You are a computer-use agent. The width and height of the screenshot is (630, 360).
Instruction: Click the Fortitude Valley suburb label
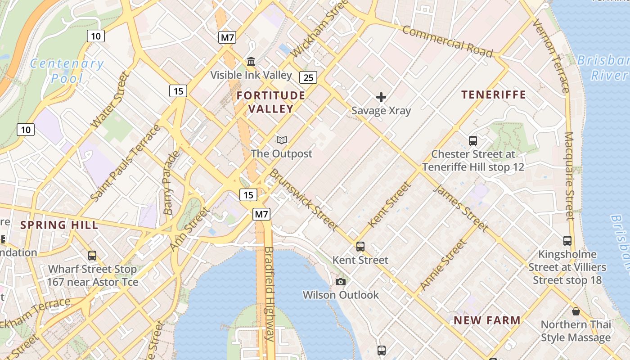(x=271, y=102)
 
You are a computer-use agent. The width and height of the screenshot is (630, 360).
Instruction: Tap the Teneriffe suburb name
(x=494, y=94)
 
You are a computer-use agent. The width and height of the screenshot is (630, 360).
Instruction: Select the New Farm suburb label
(x=487, y=320)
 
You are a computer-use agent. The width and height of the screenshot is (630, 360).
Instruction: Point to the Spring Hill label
(x=59, y=225)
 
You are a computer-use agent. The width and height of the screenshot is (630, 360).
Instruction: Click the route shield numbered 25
(x=308, y=77)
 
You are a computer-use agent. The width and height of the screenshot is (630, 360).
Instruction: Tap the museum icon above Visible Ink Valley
(x=251, y=61)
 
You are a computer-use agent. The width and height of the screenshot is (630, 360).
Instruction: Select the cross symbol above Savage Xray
(x=381, y=97)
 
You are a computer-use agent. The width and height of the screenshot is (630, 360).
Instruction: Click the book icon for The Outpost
(x=282, y=140)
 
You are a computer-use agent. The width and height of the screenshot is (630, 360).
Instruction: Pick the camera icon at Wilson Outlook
(x=341, y=282)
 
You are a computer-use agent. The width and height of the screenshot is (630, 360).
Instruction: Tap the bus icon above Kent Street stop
(x=360, y=246)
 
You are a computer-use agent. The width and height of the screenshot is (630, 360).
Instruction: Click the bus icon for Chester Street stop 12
(x=473, y=140)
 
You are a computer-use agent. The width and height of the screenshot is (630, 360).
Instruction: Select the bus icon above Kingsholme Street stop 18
(x=567, y=241)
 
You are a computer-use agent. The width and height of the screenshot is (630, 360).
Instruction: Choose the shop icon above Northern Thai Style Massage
(x=576, y=311)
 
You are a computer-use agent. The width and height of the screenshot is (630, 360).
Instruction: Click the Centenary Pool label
(x=67, y=71)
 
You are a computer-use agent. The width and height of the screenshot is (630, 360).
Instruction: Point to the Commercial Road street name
(x=447, y=41)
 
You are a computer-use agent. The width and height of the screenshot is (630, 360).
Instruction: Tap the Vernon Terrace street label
(x=551, y=56)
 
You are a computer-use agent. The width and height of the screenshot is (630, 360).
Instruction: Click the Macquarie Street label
(x=569, y=175)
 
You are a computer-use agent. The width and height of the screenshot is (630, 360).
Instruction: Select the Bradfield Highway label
(x=269, y=293)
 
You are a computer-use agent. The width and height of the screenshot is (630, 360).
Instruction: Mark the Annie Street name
(x=443, y=265)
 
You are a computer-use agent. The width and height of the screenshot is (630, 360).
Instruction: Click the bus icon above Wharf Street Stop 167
(x=92, y=255)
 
